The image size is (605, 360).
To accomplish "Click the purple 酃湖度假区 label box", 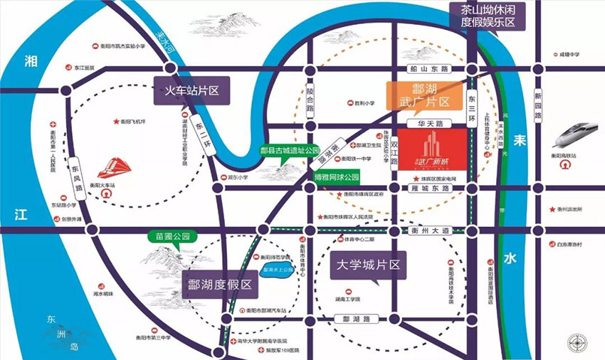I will pyautogui.click(x=220, y=284).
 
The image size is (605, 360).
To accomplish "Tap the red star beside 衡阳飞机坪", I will pyautogui.click(x=115, y=122).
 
